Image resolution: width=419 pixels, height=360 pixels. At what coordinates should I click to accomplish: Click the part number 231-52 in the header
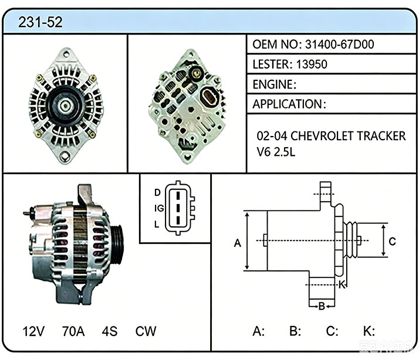(40, 22)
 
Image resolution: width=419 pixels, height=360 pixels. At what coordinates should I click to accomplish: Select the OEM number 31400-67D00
(339, 45)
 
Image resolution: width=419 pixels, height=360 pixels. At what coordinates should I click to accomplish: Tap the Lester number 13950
(312, 64)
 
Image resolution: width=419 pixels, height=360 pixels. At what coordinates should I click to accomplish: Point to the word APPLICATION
(288, 104)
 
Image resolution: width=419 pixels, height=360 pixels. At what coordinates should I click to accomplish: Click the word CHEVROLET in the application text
(322, 136)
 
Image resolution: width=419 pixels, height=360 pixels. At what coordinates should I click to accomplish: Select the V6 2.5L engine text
(276, 152)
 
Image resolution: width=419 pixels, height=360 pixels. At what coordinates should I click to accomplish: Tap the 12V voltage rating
(33, 331)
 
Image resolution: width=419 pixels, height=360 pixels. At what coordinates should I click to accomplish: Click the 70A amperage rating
(73, 331)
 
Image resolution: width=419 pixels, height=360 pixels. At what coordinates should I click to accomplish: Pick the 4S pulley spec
(110, 331)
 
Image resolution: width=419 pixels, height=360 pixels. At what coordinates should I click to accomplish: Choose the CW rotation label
(146, 331)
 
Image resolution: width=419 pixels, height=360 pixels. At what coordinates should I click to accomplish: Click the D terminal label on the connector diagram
(157, 192)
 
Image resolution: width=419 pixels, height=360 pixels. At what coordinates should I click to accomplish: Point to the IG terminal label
(159, 208)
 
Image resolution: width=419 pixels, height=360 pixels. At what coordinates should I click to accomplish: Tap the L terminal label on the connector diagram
(157, 225)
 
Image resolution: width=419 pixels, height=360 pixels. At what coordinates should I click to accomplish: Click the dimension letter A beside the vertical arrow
(238, 243)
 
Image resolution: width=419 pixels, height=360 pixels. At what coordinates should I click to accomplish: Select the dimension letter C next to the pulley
(392, 242)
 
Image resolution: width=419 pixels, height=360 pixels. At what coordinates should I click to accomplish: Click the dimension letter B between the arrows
(322, 306)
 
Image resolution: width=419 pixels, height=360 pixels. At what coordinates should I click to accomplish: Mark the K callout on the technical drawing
(342, 285)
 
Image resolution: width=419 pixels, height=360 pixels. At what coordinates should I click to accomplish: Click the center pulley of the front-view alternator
(66, 106)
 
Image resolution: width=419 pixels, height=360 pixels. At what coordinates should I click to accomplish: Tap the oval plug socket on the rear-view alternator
(209, 97)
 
